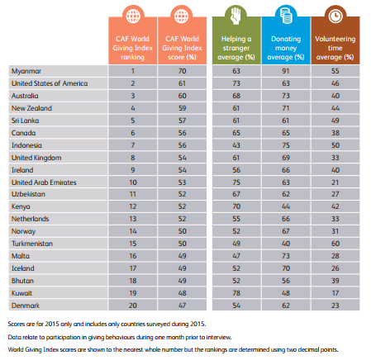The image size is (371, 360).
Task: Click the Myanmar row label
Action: click(26, 71)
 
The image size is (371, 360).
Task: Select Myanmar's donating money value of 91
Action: click(286, 71)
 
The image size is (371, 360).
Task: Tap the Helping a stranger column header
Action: click(236, 48)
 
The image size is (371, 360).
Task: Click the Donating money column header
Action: click(286, 48)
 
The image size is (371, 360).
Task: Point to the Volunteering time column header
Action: click(335, 48)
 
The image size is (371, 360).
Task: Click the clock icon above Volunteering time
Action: click(335, 16)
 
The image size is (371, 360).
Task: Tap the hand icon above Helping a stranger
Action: click(236, 16)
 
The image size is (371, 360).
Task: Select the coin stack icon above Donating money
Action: click(286, 16)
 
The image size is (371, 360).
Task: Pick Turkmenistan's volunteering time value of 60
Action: click(335, 244)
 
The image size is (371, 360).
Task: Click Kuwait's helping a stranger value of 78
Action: click(236, 293)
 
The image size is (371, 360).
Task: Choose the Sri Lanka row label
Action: click(25, 121)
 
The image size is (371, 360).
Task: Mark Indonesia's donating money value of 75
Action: click(286, 145)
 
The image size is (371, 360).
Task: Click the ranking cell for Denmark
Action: click(133, 306)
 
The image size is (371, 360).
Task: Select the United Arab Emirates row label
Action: click(44, 182)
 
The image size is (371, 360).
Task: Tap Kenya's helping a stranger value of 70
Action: click(236, 206)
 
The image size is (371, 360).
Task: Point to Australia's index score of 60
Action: click(182, 96)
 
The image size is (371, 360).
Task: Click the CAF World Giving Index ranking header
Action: click(132, 48)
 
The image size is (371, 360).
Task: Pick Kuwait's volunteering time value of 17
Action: click(335, 293)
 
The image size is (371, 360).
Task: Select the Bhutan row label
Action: click(22, 281)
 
